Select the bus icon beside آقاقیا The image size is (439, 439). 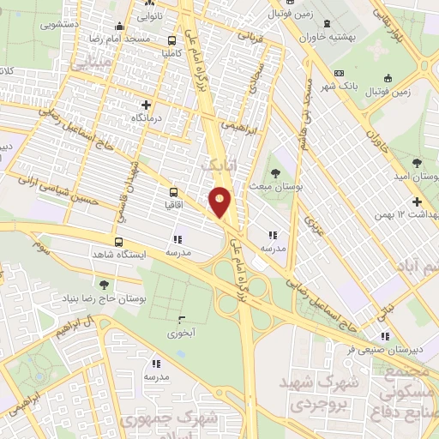174,193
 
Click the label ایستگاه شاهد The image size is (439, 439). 143,256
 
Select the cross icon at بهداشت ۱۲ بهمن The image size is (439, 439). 417,201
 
